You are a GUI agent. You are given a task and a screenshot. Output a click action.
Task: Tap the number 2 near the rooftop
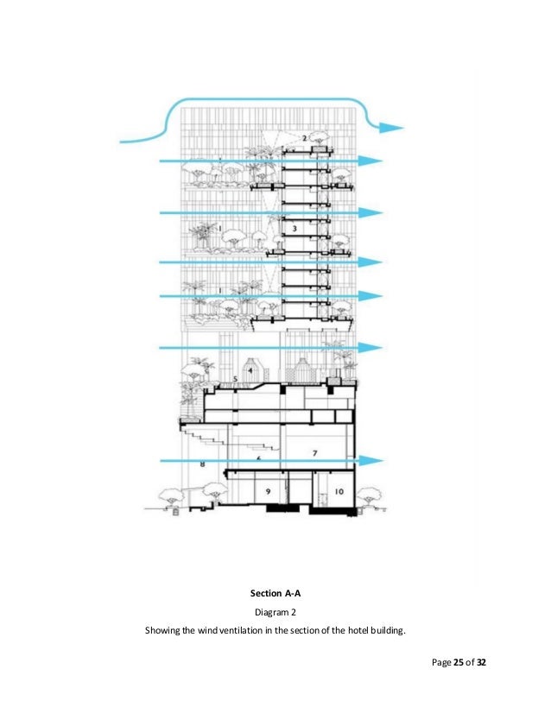(x=305, y=137)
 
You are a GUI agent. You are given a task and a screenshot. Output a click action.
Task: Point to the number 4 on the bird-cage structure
(x=250, y=369)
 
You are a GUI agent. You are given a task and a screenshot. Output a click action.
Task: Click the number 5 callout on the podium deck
(x=235, y=379)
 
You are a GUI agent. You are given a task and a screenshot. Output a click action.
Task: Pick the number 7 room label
(x=315, y=452)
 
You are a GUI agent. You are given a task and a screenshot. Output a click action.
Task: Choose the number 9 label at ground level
(x=268, y=491)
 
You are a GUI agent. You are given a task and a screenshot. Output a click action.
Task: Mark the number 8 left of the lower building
(x=201, y=465)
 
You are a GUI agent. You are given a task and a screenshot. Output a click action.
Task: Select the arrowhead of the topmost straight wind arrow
(x=371, y=161)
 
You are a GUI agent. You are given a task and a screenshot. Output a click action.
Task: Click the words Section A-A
(x=275, y=594)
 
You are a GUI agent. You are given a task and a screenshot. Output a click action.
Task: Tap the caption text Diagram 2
(x=275, y=612)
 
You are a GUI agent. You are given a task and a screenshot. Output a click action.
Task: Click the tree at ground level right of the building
(x=370, y=497)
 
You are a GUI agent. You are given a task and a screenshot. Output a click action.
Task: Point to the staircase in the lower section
(x=250, y=445)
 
